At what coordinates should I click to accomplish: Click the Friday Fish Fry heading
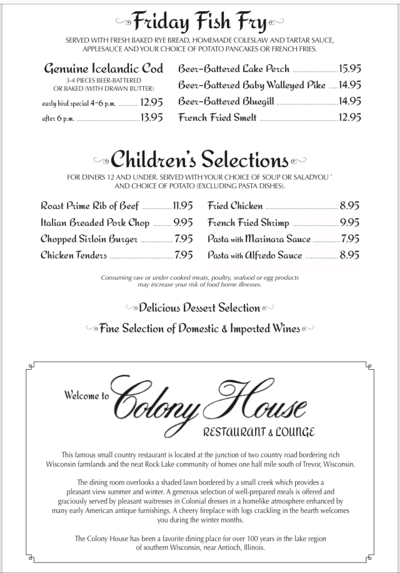200,24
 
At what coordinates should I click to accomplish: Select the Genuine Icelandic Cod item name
104,69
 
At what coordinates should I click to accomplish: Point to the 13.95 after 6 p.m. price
152,117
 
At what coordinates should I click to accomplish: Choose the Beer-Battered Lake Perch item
234,69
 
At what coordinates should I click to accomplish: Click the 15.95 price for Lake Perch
350,69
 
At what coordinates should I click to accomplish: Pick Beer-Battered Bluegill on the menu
226,101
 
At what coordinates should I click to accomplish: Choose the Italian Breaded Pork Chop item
96,222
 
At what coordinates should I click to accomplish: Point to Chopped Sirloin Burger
89,238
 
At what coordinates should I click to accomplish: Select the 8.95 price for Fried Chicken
350,205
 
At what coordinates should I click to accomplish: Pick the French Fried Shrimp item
249,222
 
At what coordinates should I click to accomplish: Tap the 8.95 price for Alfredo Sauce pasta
350,255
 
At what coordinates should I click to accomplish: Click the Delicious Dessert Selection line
200,307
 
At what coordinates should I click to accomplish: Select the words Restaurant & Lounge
258,432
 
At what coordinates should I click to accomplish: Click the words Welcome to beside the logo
87,395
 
